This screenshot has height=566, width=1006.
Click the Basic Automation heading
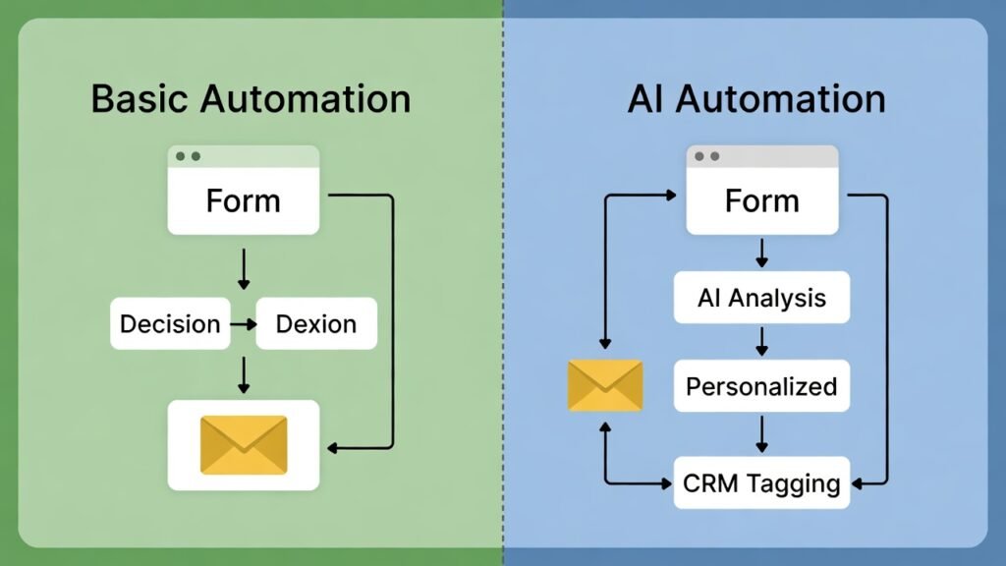pyautogui.click(x=251, y=99)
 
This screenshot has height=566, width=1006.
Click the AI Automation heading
pyautogui.click(x=755, y=99)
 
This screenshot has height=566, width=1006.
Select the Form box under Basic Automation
pyautogui.click(x=243, y=200)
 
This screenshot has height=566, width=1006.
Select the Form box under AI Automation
pyautogui.click(x=761, y=200)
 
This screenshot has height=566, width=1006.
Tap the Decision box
pyautogui.click(x=170, y=323)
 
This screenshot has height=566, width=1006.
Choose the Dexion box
pyautogui.click(x=316, y=323)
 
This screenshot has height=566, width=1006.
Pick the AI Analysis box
pyautogui.click(x=761, y=298)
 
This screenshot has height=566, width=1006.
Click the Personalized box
pyautogui.click(x=761, y=385)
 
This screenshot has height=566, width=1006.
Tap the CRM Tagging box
pyautogui.click(x=761, y=482)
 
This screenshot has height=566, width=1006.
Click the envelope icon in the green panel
pyautogui.click(x=243, y=445)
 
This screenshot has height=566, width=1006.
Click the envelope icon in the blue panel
pyautogui.click(x=605, y=385)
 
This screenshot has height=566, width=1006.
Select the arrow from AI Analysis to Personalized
pyautogui.click(x=761, y=341)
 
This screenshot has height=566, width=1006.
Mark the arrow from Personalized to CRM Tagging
pyautogui.click(x=761, y=433)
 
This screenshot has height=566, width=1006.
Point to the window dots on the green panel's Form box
pyautogui.click(x=187, y=156)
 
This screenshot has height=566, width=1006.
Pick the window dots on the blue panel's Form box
pyautogui.click(x=705, y=156)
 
